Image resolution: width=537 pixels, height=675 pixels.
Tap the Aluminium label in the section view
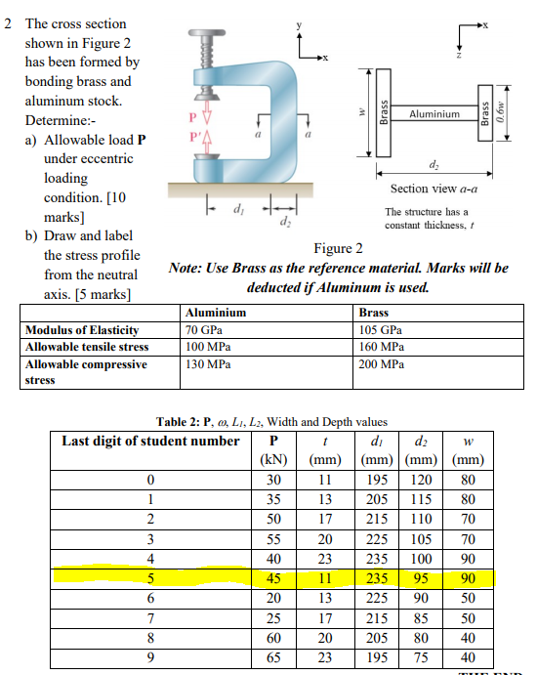point(434,114)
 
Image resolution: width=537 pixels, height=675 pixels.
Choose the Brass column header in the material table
point(375,313)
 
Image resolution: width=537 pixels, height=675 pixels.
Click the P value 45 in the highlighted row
point(273,578)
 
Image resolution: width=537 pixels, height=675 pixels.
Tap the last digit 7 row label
point(150,617)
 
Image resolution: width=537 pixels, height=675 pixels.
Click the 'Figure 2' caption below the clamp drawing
point(339,248)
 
